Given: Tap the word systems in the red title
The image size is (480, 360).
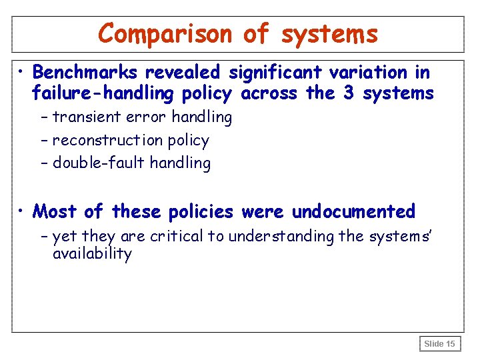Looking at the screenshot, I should pyautogui.click(x=329, y=33).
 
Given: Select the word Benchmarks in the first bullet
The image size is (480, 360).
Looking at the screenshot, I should pyautogui.click(x=85, y=72).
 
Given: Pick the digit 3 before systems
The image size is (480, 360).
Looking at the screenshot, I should pyautogui.click(x=348, y=93).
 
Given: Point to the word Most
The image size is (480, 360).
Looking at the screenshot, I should pyautogui.click(x=55, y=212).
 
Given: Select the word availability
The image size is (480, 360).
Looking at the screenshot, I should pyautogui.click(x=92, y=254).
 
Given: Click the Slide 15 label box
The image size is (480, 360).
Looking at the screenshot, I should pyautogui.click(x=439, y=344).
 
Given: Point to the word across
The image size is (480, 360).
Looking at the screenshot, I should pyautogui.click(x=270, y=93).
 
